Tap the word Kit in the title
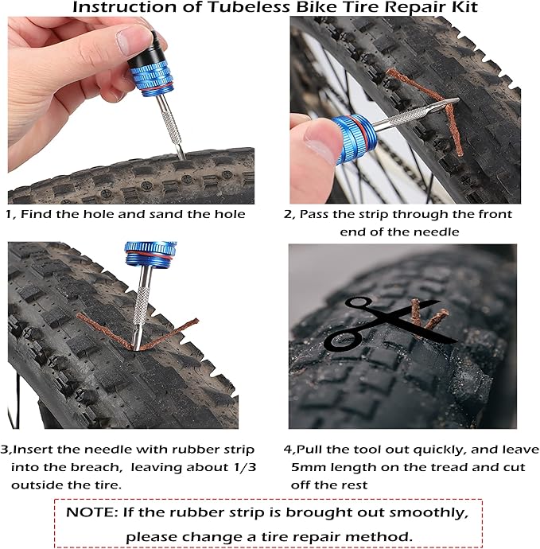(454, 8)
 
